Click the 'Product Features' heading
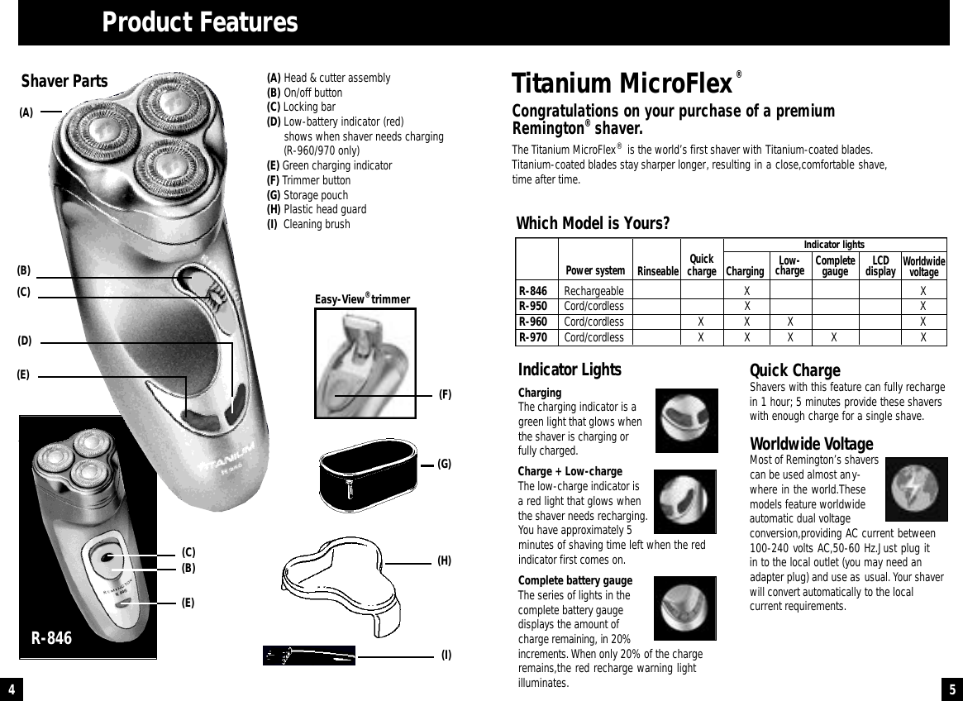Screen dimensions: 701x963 (x=199, y=22)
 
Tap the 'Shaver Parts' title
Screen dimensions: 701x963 (x=64, y=81)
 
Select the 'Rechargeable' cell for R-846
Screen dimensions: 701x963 (x=594, y=291)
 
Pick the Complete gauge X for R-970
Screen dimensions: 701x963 (x=834, y=336)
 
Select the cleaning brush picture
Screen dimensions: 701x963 (x=308, y=656)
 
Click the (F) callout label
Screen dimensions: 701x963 (x=445, y=395)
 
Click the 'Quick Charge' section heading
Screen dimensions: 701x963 (x=794, y=370)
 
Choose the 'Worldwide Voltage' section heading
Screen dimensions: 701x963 (x=805, y=445)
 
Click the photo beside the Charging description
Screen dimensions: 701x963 (x=686, y=421)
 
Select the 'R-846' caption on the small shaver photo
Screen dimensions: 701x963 (x=51, y=639)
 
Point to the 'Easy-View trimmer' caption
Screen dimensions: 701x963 (x=362, y=299)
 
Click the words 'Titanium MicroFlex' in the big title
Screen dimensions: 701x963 (x=622, y=84)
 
